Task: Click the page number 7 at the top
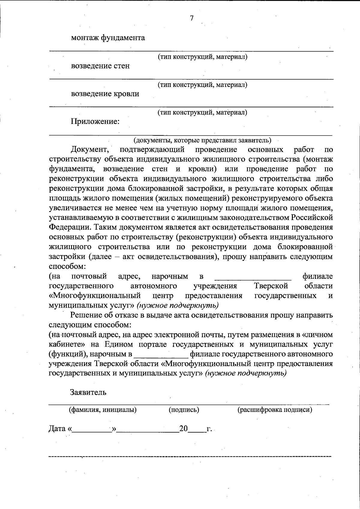point(191,18)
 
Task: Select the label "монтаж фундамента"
point(108,38)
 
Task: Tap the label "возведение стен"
point(100,66)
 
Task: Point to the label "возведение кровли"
point(105,94)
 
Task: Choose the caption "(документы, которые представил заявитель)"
point(202,140)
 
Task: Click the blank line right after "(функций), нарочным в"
point(161,355)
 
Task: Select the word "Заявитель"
point(88,392)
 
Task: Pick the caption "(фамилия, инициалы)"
point(103,409)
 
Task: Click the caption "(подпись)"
point(184,409)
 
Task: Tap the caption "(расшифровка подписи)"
point(275,409)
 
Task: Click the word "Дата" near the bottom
point(57,429)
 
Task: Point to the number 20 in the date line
point(183,429)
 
